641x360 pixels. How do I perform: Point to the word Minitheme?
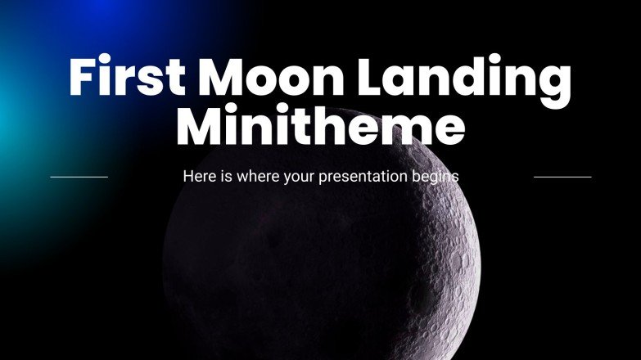tap(321, 128)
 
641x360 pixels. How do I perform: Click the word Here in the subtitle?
tap(197, 176)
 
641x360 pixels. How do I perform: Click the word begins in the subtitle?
tap(437, 177)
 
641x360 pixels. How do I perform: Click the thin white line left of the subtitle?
tap(79, 176)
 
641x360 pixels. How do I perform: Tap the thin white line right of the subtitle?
tap(562, 176)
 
